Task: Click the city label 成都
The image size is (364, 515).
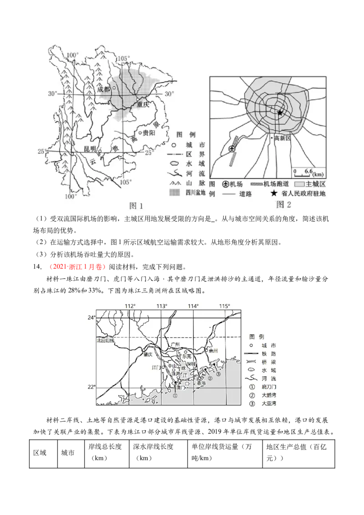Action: point(104,89)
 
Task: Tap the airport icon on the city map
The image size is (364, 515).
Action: point(232,149)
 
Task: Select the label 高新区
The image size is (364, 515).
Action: point(282,138)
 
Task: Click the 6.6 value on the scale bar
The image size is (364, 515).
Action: point(308,171)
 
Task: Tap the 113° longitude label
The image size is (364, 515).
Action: point(162,306)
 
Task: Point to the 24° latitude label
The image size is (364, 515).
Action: point(91,318)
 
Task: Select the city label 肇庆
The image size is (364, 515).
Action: point(147,355)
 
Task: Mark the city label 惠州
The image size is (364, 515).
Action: point(214,351)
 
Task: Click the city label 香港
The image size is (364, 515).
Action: point(201,384)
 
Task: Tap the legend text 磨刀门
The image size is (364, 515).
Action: point(269,387)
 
